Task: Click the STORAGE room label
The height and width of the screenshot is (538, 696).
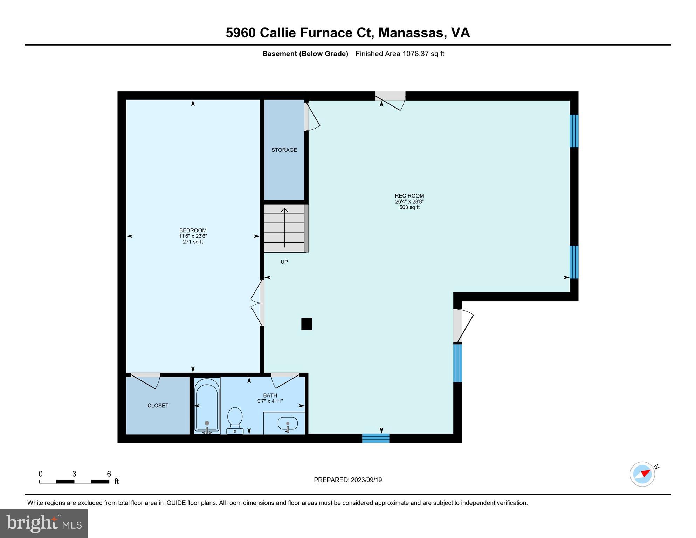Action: click(x=284, y=150)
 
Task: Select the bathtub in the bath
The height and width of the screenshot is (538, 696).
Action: click(x=207, y=405)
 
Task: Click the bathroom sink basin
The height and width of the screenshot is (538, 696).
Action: click(x=288, y=424)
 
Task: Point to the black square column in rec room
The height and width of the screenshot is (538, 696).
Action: click(x=306, y=324)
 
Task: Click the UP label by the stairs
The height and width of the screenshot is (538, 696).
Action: click(x=284, y=262)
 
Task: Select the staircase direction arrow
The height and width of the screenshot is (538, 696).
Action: click(x=284, y=228)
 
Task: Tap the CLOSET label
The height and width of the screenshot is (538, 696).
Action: click(x=158, y=406)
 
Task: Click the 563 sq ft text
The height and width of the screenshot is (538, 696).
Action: click(x=409, y=207)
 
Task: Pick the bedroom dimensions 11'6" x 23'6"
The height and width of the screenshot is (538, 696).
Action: click(x=193, y=236)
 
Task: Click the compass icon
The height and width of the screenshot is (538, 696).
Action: click(x=642, y=474)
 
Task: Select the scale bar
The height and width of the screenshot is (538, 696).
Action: click(x=74, y=482)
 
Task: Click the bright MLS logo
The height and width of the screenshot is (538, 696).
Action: click(x=44, y=523)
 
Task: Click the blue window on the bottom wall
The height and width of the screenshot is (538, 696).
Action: click(x=375, y=438)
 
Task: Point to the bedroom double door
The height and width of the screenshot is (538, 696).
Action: click(x=257, y=303)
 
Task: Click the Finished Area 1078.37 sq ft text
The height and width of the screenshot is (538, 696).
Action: click(x=400, y=54)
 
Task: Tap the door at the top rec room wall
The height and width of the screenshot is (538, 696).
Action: click(x=391, y=100)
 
